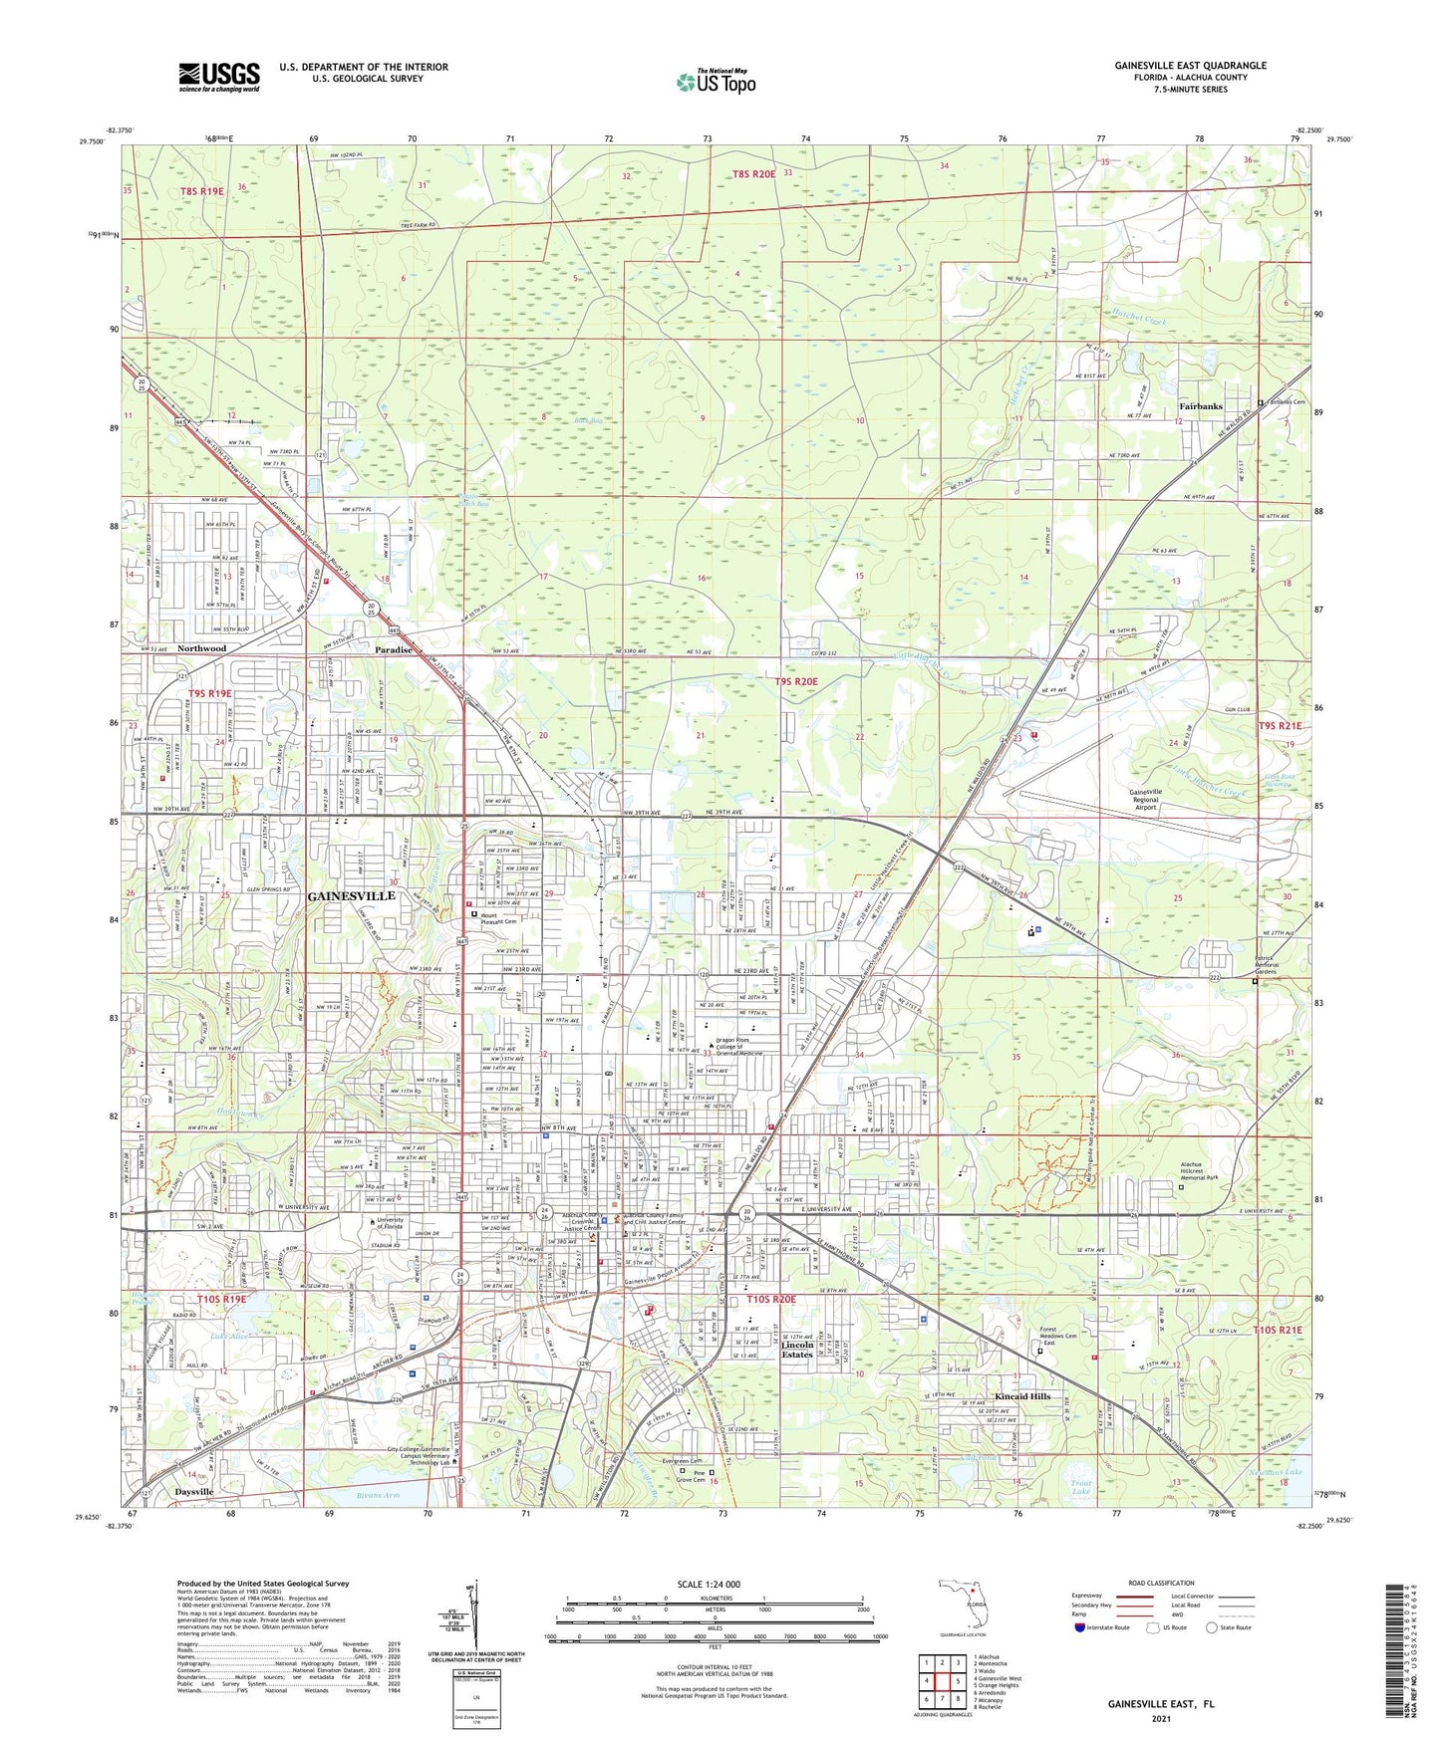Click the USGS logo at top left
click(x=219, y=77)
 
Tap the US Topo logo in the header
click(x=716, y=82)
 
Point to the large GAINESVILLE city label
click(x=352, y=896)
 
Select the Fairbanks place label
click(x=1200, y=406)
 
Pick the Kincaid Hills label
click(x=1022, y=1396)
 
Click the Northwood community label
click(x=201, y=648)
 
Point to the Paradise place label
click(x=394, y=649)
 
